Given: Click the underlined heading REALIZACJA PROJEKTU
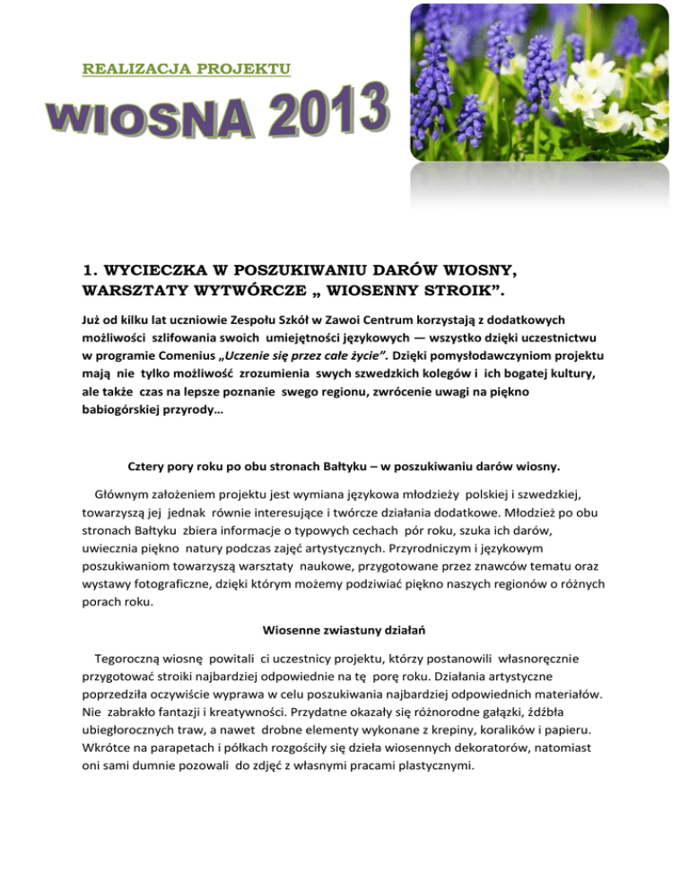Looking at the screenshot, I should click(x=186, y=68).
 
